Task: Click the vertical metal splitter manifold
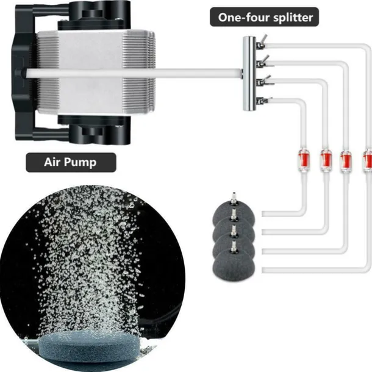coord(249,73)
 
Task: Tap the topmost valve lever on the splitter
coord(260,41)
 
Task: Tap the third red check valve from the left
coord(346,160)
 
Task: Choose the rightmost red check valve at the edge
coord(367,160)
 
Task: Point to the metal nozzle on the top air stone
coord(232,199)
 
